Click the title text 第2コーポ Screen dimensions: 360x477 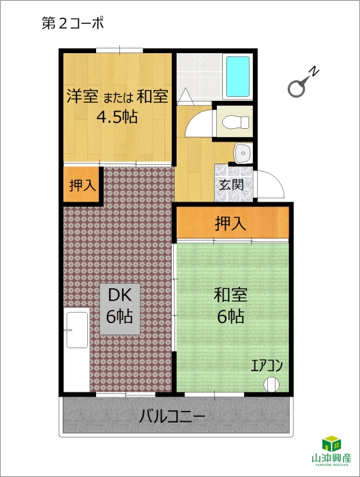coord(72,23)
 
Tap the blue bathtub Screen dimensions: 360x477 coord(238,76)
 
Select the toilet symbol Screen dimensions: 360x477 coord(235,123)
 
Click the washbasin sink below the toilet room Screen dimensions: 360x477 coord(243,153)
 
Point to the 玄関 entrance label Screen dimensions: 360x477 coord(231,185)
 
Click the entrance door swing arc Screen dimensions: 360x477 coord(275,180)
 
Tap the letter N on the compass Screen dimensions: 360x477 coord(314,71)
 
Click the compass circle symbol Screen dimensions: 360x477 coord(296,89)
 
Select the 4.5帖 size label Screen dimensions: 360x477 coord(117,117)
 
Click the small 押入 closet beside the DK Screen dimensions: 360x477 coord(82,185)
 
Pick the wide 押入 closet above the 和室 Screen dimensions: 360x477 coord(232,222)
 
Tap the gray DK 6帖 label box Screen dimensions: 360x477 coord(120,309)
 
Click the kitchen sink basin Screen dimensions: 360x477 coord(77,330)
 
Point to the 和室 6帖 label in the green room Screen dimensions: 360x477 coord(230,305)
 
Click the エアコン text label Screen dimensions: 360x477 coord(267,365)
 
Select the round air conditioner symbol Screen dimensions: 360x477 coord(271,384)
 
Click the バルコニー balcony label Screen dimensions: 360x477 coord(172,416)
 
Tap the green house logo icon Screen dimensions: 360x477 coord(331,444)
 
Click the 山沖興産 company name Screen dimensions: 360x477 coord(331,457)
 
